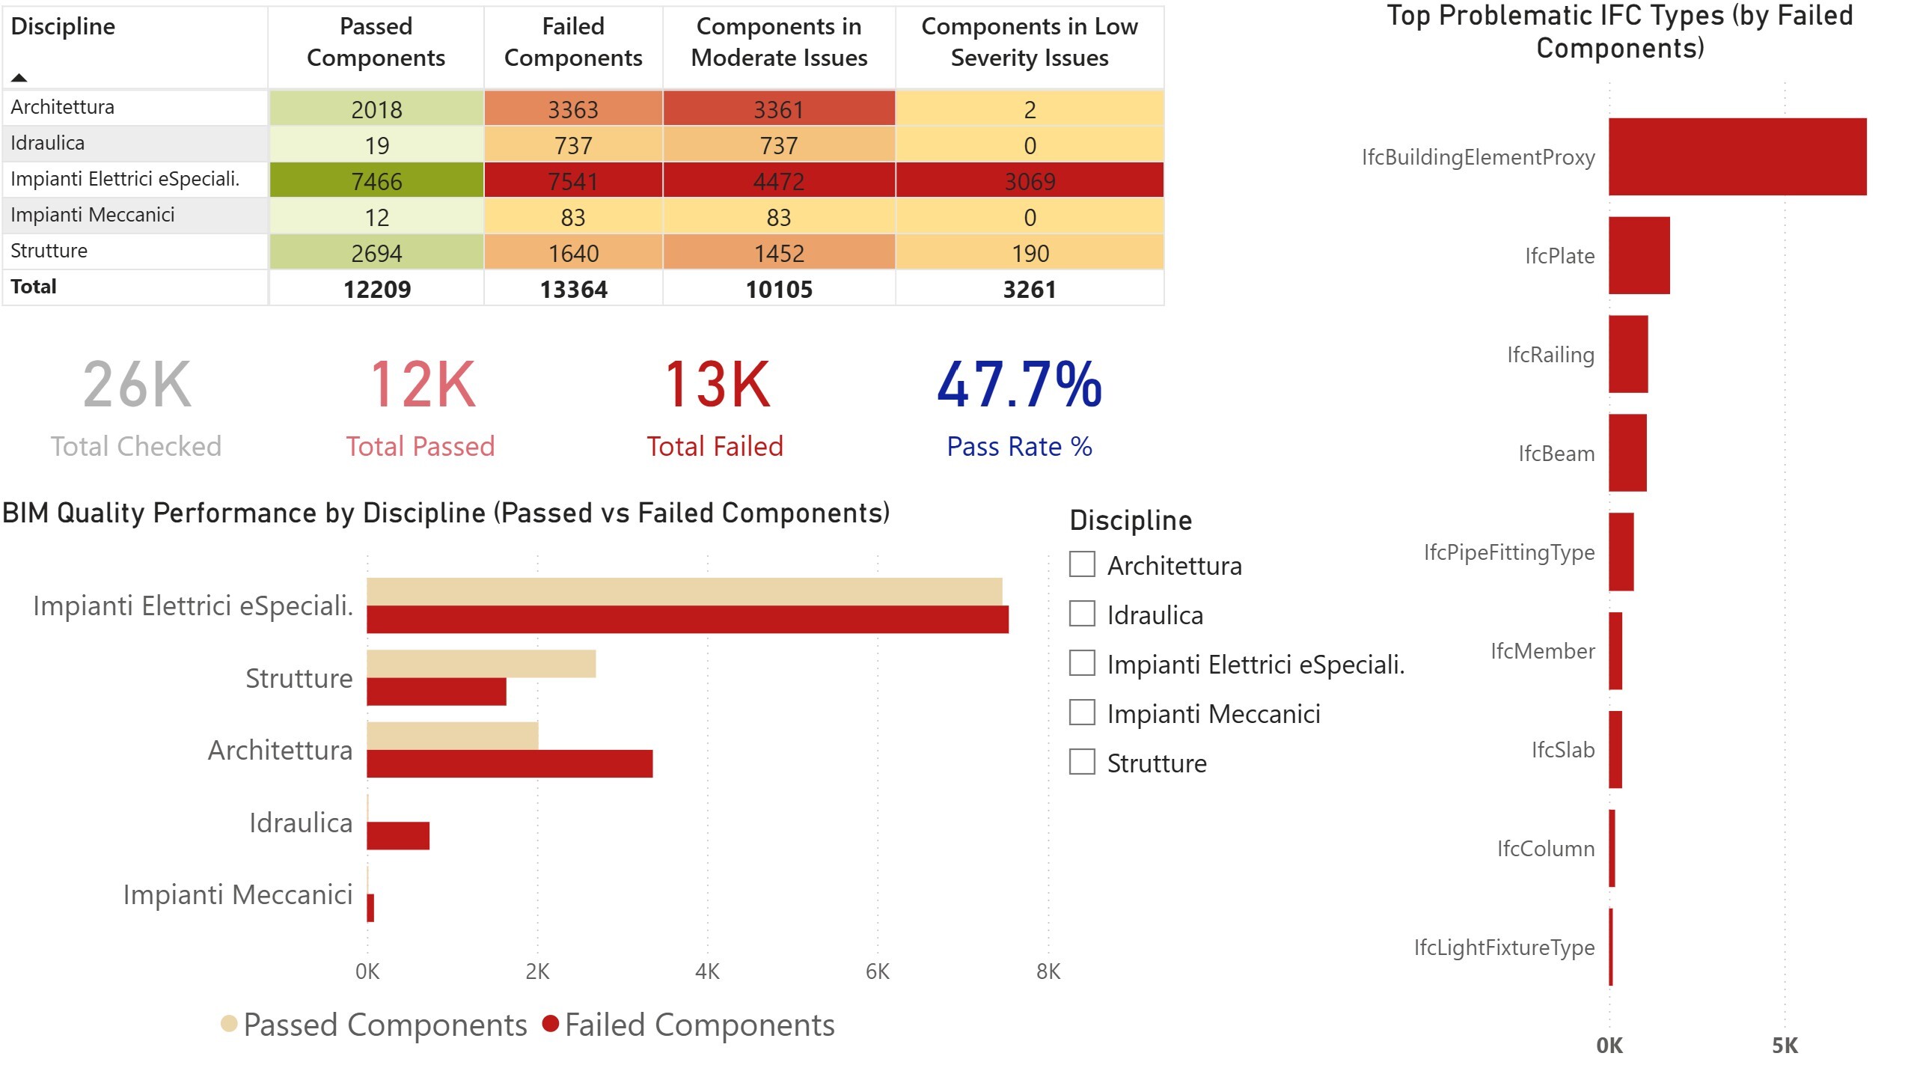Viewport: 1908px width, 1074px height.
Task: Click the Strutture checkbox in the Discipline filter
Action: point(1082,762)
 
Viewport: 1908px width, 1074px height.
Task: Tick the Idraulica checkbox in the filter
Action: point(1082,614)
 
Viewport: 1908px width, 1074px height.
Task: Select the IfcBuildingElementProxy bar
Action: point(1737,156)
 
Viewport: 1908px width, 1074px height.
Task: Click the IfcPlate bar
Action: point(1639,255)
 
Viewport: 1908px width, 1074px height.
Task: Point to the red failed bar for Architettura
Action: point(509,763)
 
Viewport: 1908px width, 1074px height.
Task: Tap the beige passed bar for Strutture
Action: point(480,663)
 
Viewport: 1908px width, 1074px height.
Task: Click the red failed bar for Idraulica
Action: point(397,835)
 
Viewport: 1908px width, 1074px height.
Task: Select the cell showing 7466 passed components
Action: point(376,180)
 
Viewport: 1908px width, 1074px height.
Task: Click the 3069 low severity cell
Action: point(1029,180)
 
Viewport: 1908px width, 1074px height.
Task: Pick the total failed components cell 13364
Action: point(573,289)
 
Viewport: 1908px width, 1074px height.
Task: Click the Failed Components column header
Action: point(573,42)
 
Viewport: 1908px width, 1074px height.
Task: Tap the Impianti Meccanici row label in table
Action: point(92,215)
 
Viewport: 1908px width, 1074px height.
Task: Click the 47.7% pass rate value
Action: point(1019,384)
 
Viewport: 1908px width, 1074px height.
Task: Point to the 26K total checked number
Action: point(137,384)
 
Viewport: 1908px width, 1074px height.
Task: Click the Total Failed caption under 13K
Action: point(715,446)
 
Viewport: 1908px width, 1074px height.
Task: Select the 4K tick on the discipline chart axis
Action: point(707,971)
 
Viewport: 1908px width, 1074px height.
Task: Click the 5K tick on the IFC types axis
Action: point(1784,1046)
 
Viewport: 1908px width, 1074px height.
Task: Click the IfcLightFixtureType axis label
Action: point(1503,947)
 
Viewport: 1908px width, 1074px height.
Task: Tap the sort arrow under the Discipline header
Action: point(19,77)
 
